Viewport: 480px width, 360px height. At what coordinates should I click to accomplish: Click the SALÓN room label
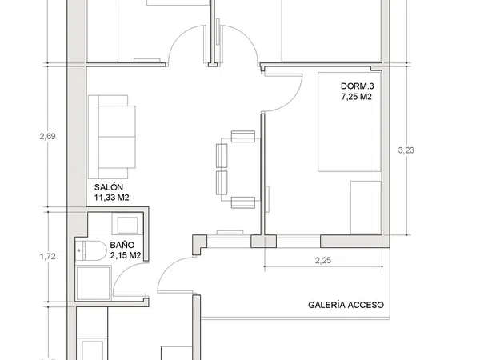coord(108,187)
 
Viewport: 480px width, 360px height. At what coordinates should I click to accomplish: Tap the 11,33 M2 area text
coord(111,198)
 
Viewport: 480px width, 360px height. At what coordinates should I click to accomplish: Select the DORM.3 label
coord(358,86)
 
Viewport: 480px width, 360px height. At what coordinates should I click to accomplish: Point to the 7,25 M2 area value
coord(356,97)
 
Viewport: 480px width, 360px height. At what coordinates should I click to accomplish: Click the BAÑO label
coord(122,245)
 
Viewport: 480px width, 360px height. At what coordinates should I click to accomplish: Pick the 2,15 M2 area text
coord(126,255)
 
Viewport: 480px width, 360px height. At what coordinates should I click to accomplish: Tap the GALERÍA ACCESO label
coord(346,305)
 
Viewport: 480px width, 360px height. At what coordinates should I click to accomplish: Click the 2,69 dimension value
coord(47,136)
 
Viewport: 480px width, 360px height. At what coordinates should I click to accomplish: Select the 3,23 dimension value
coord(406,150)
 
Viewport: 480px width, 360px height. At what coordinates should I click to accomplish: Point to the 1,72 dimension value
coord(47,257)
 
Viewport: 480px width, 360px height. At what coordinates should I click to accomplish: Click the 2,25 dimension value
coord(323,261)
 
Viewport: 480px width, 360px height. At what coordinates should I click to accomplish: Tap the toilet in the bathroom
coord(90,250)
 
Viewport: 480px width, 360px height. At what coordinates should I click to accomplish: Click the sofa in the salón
coord(112,137)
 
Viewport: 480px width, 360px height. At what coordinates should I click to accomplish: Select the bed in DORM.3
coord(350,122)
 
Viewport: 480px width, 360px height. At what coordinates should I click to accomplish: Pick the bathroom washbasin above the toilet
coord(127,224)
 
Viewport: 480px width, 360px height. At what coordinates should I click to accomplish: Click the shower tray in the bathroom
coord(93,283)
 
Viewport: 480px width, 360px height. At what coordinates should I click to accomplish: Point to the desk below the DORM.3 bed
coord(366,207)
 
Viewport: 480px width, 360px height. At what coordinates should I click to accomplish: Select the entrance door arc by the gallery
coord(168,268)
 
